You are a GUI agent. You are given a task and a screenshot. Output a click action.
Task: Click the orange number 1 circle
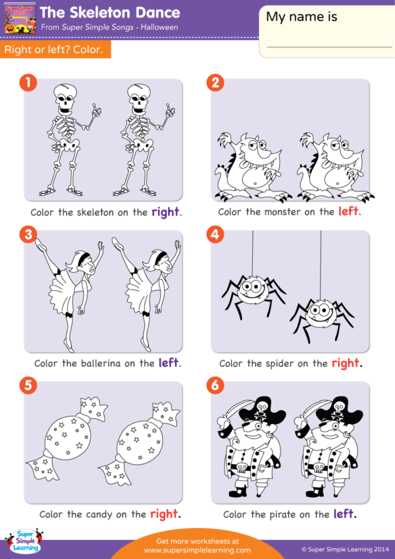click(x=27, y=84)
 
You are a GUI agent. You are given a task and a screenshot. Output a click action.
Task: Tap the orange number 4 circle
click(x=215, y=234)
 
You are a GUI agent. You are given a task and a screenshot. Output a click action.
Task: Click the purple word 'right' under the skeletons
click(x=165, y=212)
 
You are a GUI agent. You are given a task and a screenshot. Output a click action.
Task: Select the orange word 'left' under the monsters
click(x=349, y=212)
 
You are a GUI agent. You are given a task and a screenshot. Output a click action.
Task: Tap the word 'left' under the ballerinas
click(x=169, y=363)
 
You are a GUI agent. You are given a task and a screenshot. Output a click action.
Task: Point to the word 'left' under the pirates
click(x=344, y=514)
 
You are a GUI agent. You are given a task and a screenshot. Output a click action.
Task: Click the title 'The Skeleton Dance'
click(x=110, y=13)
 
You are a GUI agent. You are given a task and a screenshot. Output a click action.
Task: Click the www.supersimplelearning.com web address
click(x=197, y=550)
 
